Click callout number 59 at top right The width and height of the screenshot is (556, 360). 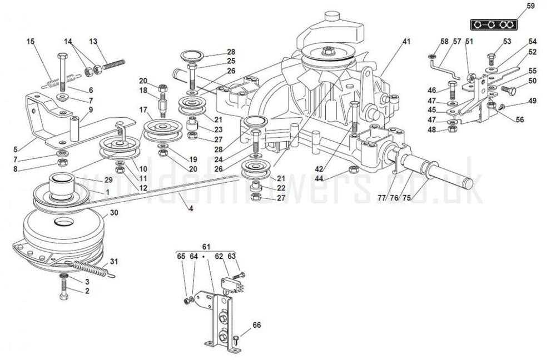[x=530, y=6]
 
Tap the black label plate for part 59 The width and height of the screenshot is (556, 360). [x=493, y=25]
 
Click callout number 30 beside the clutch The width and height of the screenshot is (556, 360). [x=113, y=213]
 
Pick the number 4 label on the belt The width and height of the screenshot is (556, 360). [x=191, y=209]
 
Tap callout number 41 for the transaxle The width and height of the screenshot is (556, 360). [x=406, y=42]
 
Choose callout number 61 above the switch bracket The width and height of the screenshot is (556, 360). [x=206, y=247]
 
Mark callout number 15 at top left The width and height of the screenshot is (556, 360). [x=30, y=41]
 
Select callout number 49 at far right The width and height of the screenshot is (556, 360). [x=532, y=101]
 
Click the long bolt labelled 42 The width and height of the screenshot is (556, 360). [x=354, y=119]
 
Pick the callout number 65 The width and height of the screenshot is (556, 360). [x=181, y=257]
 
